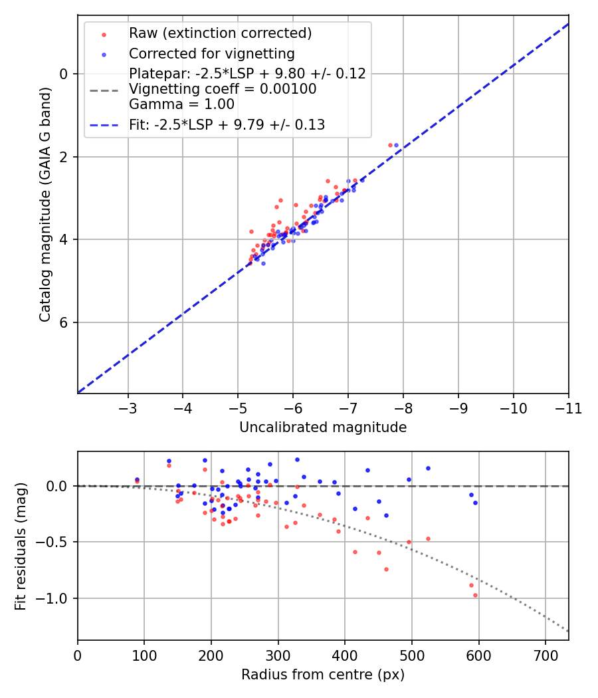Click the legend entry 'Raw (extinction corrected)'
click(x=220, y=33)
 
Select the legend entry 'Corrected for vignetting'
click(x=211, y=53)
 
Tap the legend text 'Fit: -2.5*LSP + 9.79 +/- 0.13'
click(x=227, y=124)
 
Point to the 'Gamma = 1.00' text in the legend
click(x=181, y=104)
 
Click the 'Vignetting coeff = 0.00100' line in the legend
click(x=223, y=88)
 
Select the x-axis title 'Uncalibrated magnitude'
click(x=323, y=427)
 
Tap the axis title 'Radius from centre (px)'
click(x=323, y=675)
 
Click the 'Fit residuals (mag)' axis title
click(x=21, y=545)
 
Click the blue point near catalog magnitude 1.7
click(x=396, y=145)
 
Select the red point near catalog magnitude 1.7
click(x=390, y=145)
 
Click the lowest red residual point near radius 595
click(x=475, y=595)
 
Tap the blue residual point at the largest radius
click(x=475, y=503)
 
